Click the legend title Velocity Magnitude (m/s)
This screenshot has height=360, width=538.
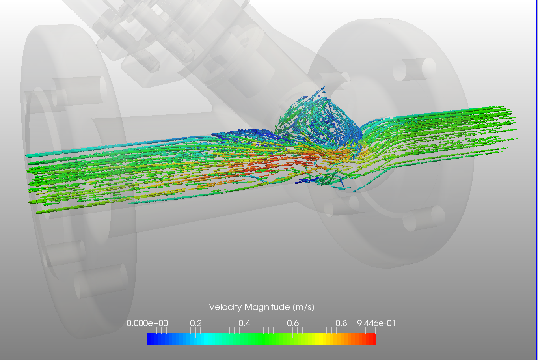click(x=261, y=307)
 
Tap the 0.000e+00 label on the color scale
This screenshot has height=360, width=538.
click(x=147, y=323)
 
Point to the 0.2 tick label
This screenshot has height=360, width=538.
click(x=196, y=323)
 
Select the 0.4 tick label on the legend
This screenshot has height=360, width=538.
click(x=244, y=323)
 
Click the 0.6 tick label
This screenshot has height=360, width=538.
click(x=293, y=323)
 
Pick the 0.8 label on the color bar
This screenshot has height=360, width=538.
click(x=341, y=323)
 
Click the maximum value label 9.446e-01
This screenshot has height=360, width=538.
click(x=376, y=323)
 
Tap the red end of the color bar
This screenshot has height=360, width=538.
click(x=372, y=339)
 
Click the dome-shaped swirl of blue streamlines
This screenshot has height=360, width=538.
click(x=319, y=118)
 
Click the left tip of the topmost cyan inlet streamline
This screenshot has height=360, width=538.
click(x=28, y=155)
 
